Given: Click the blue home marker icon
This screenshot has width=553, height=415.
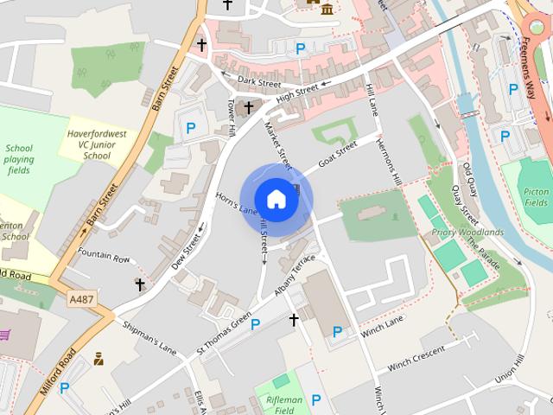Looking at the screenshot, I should [x=276, y=199].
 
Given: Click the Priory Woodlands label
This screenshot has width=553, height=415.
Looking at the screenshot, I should [x=467, y=233].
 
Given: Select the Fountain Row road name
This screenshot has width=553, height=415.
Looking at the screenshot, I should [x=103, y=257].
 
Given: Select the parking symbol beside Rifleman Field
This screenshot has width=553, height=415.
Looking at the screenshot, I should [x=316, y=399].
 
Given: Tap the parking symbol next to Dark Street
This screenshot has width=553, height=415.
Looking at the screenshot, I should [x=300, y=49].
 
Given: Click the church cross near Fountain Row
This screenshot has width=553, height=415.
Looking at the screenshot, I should [x=140, y=284].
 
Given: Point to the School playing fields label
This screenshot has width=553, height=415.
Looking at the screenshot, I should [x=19, y=160].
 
